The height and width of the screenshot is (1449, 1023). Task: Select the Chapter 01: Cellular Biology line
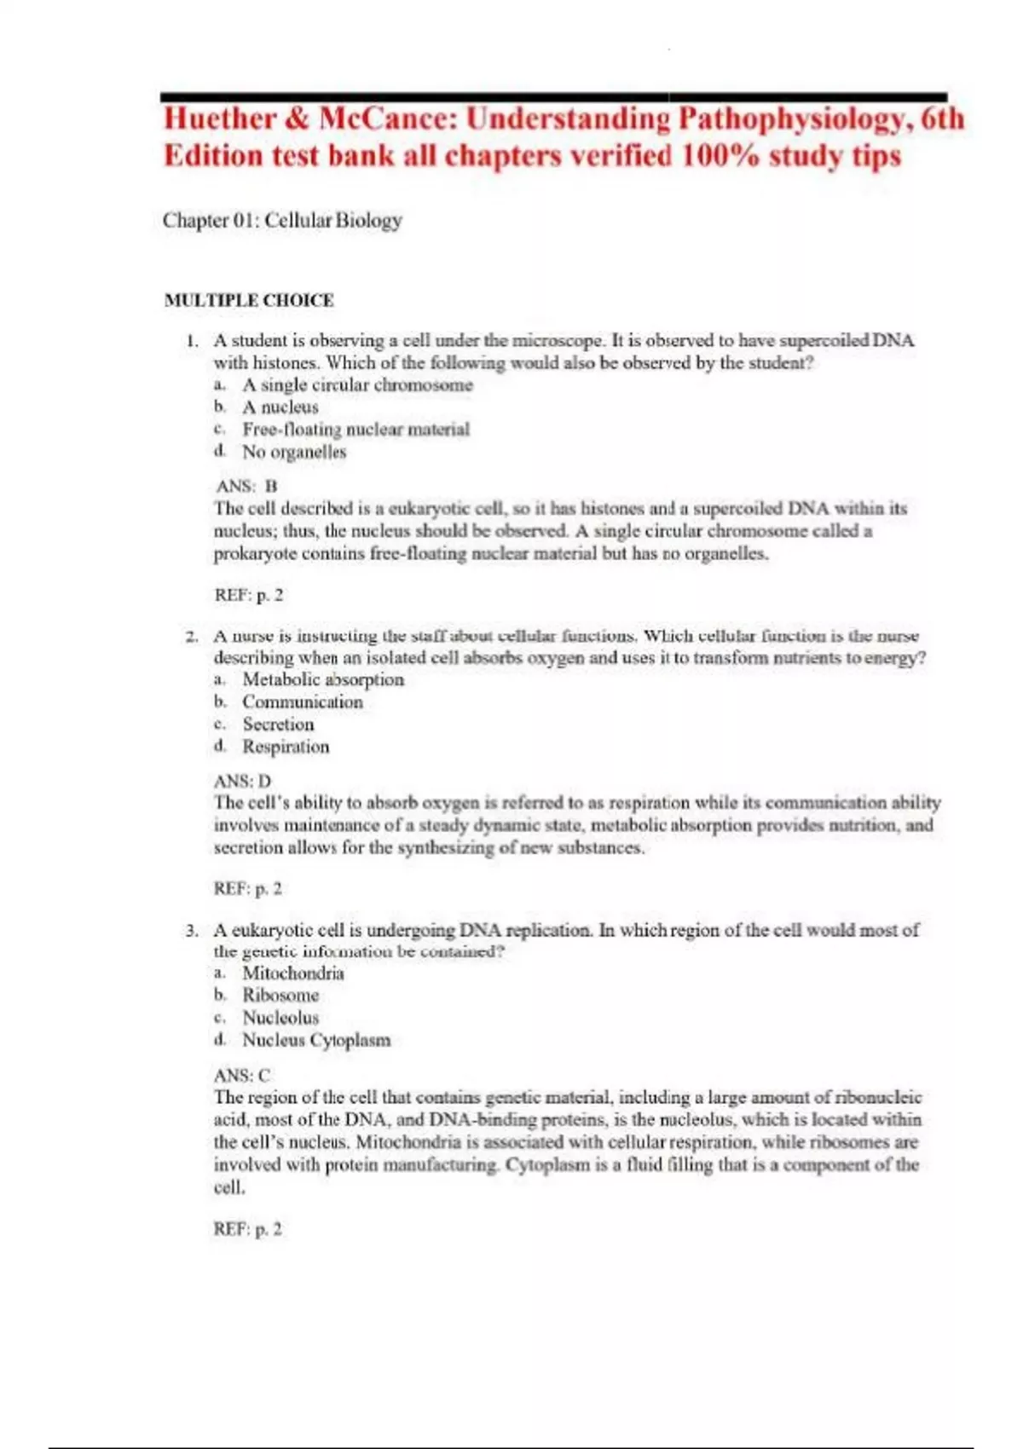tap(282, 221)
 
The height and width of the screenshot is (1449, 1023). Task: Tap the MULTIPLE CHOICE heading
tap(249, 301)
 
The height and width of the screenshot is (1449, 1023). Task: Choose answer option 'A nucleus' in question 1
tap(280, 407)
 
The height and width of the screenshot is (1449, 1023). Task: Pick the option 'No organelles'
tap(294, 453)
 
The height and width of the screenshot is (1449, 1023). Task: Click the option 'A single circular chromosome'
tap(357, 385)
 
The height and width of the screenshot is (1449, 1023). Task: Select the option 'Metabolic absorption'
tap(323, 680)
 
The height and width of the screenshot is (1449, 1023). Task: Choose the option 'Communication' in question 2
tap(303, 702)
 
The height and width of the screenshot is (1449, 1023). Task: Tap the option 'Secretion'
tap(278, 724)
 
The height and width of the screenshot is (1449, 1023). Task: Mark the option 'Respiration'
tap(286, 747)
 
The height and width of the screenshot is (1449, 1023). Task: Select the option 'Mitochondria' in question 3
tap(293, 973)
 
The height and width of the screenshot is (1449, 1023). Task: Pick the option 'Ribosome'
tap(280, 996)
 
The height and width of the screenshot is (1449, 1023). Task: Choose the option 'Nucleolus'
tap(280, 1018)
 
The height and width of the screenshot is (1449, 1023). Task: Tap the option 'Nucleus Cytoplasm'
tap(316, 1040)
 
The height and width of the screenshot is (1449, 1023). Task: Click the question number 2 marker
tap(192, 637)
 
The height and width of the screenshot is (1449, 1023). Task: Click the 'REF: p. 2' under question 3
tap(247, 1229)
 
